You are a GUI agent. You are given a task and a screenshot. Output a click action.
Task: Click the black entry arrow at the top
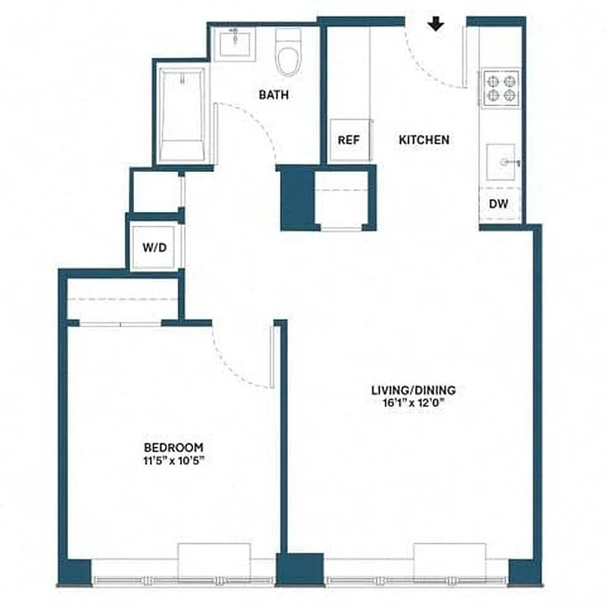[436, 25]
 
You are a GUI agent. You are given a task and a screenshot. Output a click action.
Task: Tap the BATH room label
[273, 95]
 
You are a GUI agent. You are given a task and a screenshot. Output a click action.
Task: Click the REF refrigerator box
[348, 140]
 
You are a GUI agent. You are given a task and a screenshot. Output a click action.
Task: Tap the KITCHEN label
[424, 140]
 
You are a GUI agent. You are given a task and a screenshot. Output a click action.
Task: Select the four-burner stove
[500, 86]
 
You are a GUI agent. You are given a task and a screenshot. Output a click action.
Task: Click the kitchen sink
[501, 163]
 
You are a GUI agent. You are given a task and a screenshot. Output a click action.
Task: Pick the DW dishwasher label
[498, 204]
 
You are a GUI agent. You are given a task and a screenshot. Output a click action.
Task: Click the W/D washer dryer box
[155, 246]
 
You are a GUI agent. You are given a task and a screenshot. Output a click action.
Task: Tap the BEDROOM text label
[175, 448]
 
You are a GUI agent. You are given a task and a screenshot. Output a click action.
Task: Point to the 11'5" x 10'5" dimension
[175, 460]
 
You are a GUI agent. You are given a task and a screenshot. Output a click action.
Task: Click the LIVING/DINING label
[413, 391]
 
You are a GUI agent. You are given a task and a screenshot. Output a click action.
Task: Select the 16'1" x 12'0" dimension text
[413, 403]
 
